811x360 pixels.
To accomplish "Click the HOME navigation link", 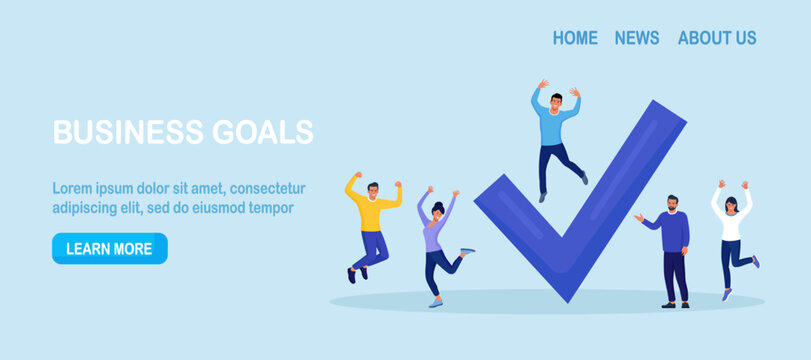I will [x=575, y=38].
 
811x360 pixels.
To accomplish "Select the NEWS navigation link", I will [x=637, y=38].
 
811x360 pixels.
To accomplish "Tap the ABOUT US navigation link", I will [x=717, y=38].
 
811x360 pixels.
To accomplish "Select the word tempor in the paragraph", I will [x=271, y=208].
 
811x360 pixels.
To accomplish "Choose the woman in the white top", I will [x=732, y=240].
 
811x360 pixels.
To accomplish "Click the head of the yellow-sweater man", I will [x=372, y=189].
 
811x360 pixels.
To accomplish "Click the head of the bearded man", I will [x=672, y=203].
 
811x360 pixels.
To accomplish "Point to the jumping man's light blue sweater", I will [x=555, y=125].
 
